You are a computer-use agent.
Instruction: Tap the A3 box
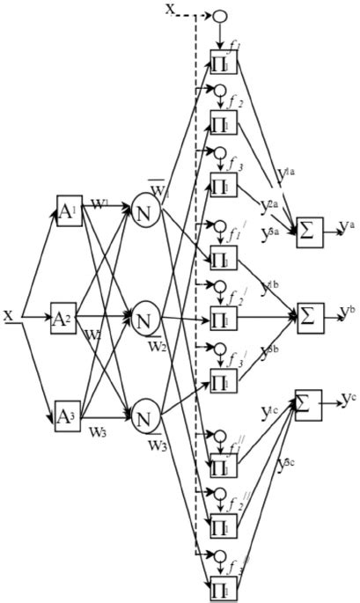coord(69,415)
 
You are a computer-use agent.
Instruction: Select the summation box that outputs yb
coord(308,314)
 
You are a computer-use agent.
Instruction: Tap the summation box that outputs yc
coord(308,404)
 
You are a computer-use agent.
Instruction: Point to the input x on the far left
coord(8,314)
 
